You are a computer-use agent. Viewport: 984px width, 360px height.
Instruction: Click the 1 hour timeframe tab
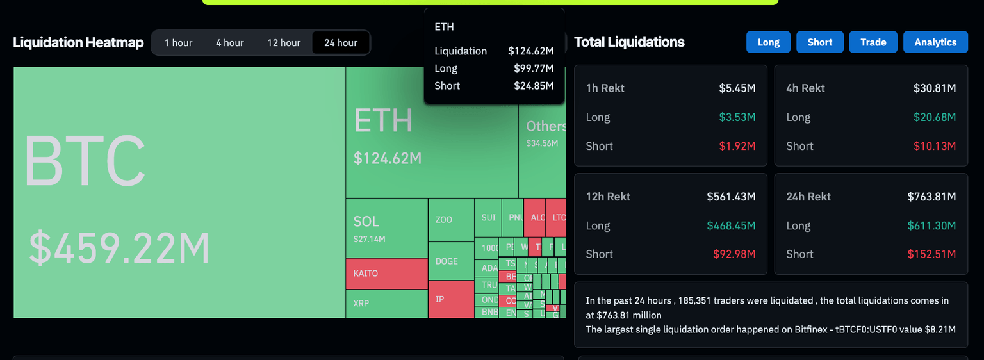(x=178, y=43)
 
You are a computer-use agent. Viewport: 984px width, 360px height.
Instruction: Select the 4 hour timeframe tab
(x=229, y=43)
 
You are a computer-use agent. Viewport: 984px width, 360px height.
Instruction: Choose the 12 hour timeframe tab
(x=284, y=43)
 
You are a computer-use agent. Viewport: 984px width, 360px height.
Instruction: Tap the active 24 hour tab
(x=341, y=43)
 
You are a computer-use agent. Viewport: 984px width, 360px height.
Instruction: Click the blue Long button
(x=768, y=42)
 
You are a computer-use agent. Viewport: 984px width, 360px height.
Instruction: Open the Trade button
(x=873, y=42)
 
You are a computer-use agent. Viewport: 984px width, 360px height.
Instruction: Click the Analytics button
(x=935, y=42)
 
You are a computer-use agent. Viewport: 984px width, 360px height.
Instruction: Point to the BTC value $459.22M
(x=119, y=249)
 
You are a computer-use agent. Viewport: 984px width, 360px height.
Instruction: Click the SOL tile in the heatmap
(x=386, y=228)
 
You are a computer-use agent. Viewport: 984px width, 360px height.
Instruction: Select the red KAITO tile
(x=386, y=274)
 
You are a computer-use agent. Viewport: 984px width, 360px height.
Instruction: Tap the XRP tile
(x=386, y=303)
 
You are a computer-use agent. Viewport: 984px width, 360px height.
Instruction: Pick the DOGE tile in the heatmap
(x=451, y=261)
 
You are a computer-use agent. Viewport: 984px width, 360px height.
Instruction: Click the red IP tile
(x=451, y=299)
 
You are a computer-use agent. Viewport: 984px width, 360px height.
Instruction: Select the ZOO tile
(x=451, y=220)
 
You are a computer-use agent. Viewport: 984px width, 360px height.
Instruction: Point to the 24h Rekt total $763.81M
(x=931, y=197)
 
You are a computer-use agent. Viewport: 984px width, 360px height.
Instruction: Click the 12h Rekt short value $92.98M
(x=734, y=254)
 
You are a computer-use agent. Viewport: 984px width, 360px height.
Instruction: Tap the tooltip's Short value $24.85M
(x=534, y=86)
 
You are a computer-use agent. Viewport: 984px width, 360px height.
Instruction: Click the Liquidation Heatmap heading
(x=78, y=43)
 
